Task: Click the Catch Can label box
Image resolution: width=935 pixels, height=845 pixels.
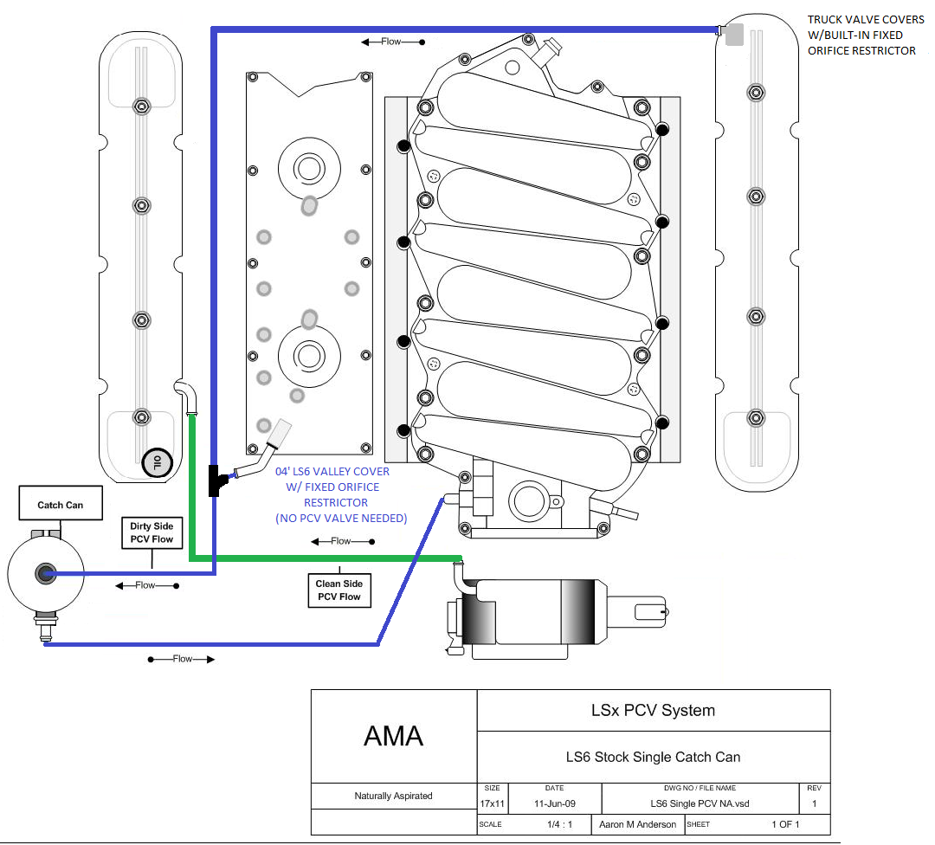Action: pos(61,503)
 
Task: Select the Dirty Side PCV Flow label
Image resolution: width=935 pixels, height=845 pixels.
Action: pos(152,532)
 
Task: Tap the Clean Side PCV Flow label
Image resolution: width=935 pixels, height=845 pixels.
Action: pos(339,590)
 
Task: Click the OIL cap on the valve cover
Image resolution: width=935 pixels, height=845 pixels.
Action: pos(157,462)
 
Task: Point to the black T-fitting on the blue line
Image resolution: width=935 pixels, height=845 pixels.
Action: pos(216,481)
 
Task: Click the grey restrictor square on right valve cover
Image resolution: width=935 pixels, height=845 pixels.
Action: pos(734,35)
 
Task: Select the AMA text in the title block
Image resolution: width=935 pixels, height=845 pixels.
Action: pos(394,736)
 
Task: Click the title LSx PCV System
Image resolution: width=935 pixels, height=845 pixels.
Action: pos(653,710)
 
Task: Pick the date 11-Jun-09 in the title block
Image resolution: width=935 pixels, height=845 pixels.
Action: pos(555,803)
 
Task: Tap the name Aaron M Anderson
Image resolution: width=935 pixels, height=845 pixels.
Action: pos(637,824)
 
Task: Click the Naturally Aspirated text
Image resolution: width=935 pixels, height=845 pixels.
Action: pos(394,796)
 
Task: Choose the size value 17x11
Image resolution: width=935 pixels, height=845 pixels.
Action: pos(492,803)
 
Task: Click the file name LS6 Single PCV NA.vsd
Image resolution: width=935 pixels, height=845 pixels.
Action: pos(700,803)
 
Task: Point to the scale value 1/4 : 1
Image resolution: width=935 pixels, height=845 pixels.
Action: pos(559,824)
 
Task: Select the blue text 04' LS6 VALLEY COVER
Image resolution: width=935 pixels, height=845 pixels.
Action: pos(332,471)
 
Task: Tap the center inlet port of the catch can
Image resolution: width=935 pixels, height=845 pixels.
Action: pos(45,574)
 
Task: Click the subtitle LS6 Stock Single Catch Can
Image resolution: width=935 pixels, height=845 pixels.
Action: pos(653,757)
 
